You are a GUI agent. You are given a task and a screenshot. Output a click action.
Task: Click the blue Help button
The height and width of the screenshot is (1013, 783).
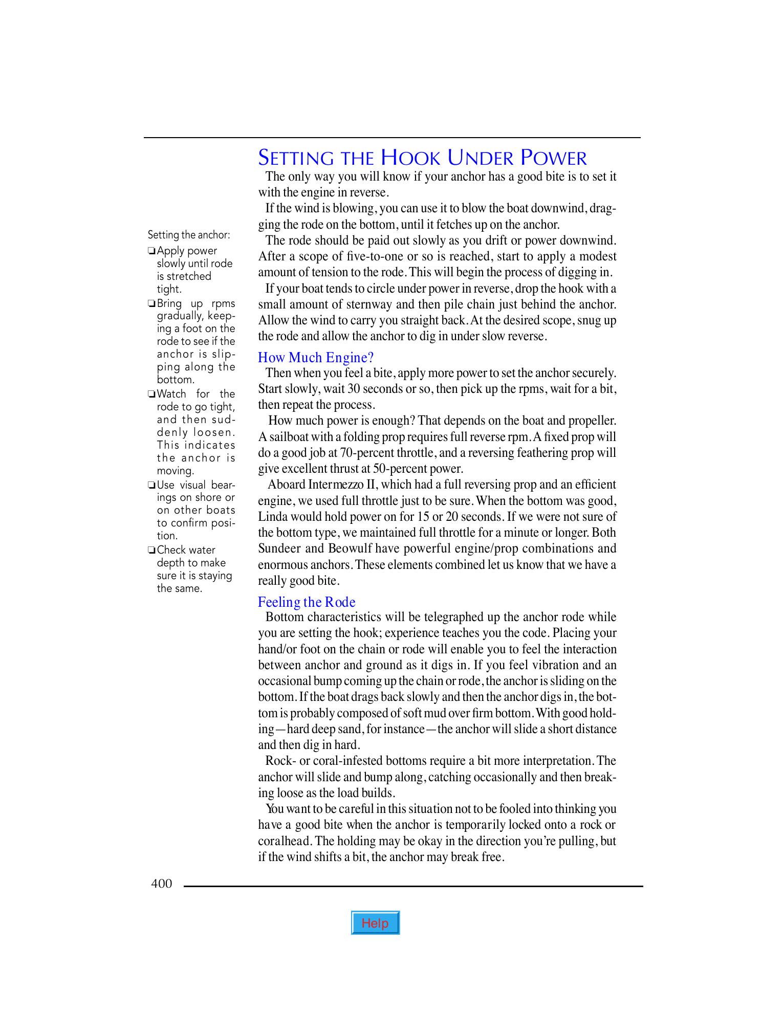375,923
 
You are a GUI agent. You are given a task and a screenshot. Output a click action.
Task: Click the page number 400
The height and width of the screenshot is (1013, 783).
161,884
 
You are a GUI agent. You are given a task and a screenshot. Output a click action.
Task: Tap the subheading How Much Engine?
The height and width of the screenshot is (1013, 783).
316,357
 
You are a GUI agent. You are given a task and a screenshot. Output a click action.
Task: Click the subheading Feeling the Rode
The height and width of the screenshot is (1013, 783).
307,602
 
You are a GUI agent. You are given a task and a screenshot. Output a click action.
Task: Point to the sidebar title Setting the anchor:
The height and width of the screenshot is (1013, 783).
189,235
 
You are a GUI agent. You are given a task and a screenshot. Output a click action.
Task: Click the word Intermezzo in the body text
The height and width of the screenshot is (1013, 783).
335,485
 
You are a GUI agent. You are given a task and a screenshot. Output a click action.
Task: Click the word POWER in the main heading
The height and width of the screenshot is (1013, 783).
554,158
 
